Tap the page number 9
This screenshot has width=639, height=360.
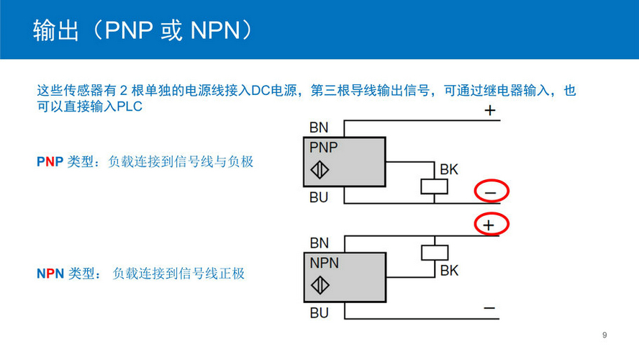tap(604, 335)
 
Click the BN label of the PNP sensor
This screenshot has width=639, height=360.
tap(319, 128)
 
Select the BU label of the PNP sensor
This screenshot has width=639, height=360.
tap(319, 197)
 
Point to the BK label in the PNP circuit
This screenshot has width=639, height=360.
tap(449, 170)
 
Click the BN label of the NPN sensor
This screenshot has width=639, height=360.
tap(319, 243)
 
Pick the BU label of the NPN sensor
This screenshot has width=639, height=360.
tap(319, 312)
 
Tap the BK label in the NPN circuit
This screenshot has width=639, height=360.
tap(449, 271)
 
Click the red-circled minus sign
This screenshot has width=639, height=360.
tap(491, 192)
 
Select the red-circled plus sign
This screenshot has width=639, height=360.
tap(491, 225)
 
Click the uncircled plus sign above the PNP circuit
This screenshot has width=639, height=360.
tap(490, 111)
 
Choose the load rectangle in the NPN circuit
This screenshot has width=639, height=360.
tap(434, 253)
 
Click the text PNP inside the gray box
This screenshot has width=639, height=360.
tap(324, 148)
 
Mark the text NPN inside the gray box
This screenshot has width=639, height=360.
tap(324, 263)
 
